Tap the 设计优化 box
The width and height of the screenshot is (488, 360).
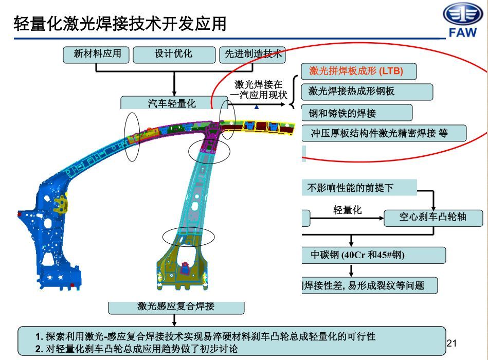tap(173, 53)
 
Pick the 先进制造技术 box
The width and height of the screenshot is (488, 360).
tap(252, 55)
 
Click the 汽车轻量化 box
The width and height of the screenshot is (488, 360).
tap(173, 103)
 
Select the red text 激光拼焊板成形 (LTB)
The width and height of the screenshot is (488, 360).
tap(356, 71)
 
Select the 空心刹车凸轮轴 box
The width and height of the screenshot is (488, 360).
tap(433, 217)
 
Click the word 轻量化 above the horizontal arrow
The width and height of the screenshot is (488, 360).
tap(348, 210)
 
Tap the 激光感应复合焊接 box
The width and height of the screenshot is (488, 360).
tap(176, 307)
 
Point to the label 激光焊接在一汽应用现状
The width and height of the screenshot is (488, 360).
tap(259, 89)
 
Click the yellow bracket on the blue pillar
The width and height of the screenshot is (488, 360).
tap(62, 204)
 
